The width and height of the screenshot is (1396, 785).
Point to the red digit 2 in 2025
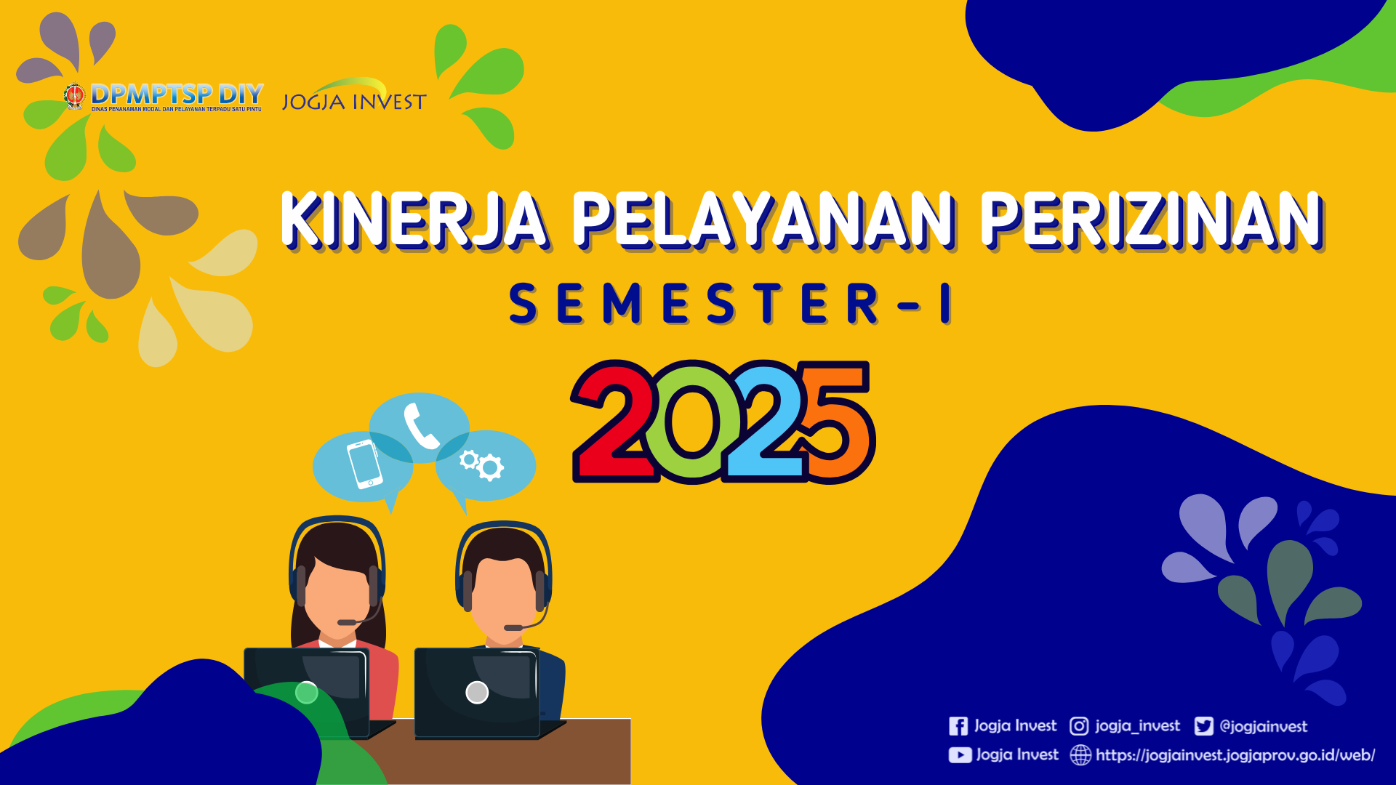click(614, 422)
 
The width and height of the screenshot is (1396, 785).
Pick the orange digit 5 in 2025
click(836, 422)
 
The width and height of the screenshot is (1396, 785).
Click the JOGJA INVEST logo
click(354, 96)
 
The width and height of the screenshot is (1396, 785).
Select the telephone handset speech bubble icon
click(420, 427)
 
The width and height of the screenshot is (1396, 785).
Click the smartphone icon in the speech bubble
click(364, 463)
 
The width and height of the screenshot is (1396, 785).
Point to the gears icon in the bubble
click(481, 464)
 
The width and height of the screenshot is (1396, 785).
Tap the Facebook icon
click(958, 726)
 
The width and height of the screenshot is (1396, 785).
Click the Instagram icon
click(1079, 726)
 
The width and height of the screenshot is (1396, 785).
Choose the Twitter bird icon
click(1203, 726)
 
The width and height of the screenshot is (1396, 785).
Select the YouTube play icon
click(960, 755)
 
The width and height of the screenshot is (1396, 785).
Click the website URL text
click(1235, 755)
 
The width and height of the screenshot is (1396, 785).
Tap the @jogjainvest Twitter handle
click(1263, 726)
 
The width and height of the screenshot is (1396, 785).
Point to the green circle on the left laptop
click(307, 693)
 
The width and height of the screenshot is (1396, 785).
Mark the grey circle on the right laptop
click(477, 693)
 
